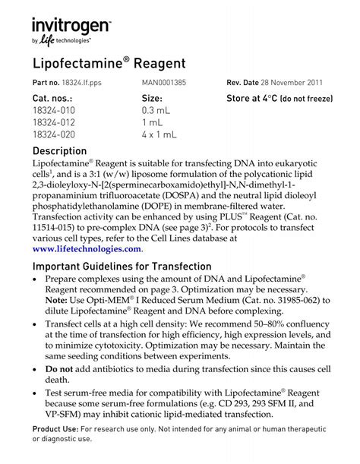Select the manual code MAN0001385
coord(166,82)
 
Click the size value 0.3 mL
coord(159,111)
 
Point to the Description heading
coord(65,151)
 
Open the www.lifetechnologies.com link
coord(87,248)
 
